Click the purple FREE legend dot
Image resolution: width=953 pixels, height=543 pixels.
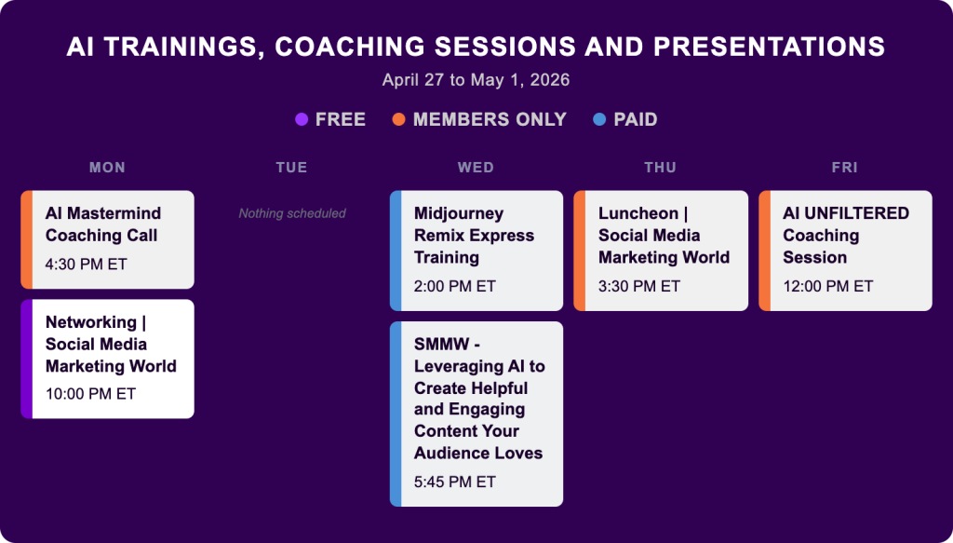coord(302,119)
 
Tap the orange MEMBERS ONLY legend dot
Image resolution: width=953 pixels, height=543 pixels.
coord(398,119)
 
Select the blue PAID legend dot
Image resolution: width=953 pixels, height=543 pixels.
coord(599,119)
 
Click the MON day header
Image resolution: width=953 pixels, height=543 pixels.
coord(108,168)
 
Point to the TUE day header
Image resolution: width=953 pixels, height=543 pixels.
coord(291,168)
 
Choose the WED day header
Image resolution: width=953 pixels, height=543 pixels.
coord(476,168)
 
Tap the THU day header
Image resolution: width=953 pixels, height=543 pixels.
coord(661,168)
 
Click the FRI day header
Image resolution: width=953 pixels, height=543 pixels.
coord(845,168)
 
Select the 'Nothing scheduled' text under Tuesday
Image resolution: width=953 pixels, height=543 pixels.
coord(292,213)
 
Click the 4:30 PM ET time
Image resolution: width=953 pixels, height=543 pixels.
coord(87,265)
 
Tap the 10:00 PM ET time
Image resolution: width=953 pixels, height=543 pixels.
coord(90,394)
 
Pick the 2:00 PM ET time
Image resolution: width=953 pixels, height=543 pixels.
coord(454,286)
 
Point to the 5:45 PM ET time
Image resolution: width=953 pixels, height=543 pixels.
coord(454,482)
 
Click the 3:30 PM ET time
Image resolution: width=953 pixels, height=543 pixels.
coord(638,286)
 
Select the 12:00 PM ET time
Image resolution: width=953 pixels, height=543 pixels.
coord(827,286)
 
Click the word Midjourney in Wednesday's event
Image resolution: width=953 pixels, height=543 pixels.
coord(459,214)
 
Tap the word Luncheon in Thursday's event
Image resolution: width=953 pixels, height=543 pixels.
coord(638,213)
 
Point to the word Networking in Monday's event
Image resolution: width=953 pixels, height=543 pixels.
coord(90,322)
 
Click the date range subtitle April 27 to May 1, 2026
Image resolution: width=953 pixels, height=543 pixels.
coord(476,80)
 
